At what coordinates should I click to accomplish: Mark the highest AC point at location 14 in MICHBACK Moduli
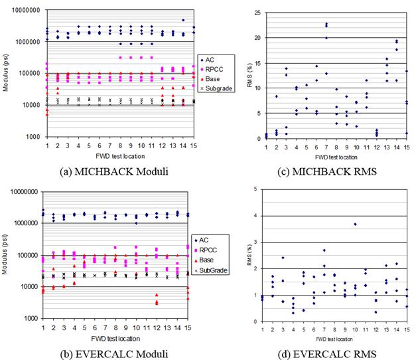coord(183,21)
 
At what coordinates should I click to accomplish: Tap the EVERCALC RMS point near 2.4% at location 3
coord(283,258)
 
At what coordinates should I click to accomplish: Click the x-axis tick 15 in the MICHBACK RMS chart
coord(405,147)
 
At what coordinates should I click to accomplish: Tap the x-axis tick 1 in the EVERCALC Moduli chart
coord(43,327)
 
